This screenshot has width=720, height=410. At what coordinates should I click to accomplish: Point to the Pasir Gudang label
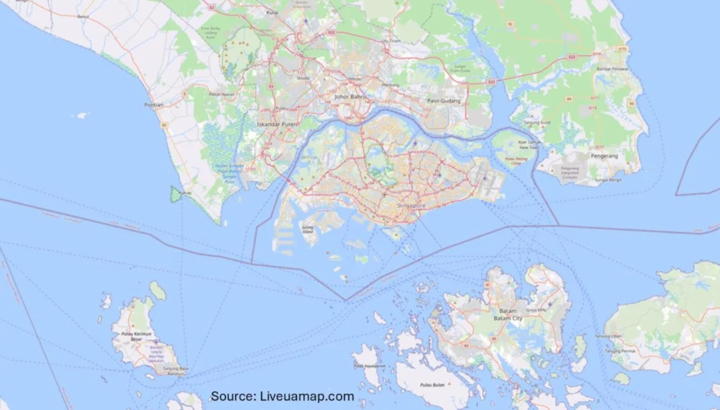[443, 101]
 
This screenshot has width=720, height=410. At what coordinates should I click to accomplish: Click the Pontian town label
[153, 105]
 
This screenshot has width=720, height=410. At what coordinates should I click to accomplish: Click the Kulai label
[274, 12]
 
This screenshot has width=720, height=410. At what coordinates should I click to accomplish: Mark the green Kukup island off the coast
[175, 193]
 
